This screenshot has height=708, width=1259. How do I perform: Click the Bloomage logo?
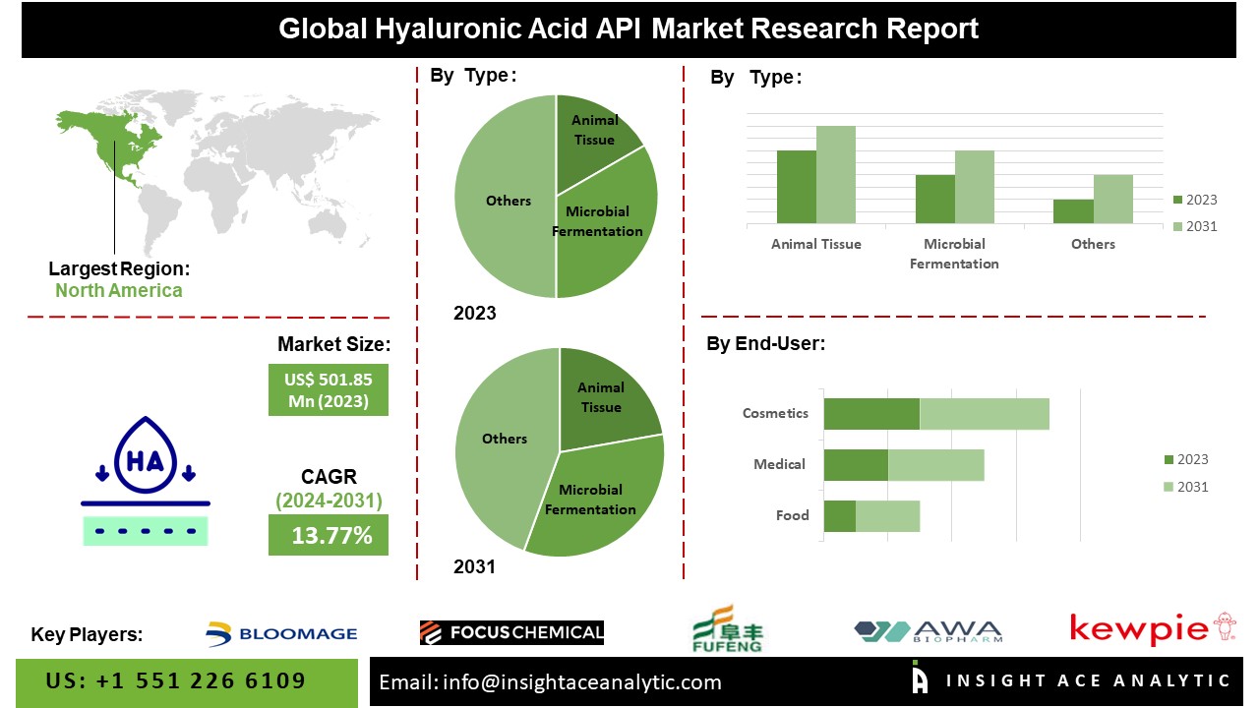(x=281, y=634)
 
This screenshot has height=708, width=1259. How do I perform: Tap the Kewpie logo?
(x=1153, y=628)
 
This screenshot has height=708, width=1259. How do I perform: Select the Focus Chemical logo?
(x=511, y=632)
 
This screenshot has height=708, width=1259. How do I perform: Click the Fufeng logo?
(x=727, y=629)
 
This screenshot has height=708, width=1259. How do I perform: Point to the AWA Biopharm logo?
(x=928, y=631)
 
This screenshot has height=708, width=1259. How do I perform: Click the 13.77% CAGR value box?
(x=329, y=535)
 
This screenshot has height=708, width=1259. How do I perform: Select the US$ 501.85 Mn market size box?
(x=329, y=390)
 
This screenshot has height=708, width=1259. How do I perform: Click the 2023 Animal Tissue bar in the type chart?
(x=797, y=187)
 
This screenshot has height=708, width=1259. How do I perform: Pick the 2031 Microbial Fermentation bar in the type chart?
(x=974, y=187)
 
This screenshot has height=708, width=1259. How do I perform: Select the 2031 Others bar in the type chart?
(x=1112, y=200)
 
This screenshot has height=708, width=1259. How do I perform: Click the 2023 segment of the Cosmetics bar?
(x=871, y=414)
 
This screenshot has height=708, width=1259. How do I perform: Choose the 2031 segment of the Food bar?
(x=887, y=516)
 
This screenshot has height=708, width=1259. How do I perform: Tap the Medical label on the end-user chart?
(x=779, y=465)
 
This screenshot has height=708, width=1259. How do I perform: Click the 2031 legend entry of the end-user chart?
(x=1186, y=487)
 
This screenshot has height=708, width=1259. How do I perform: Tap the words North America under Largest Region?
(x=119, y=290)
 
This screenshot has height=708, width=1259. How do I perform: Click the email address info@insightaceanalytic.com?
(x=582, y=682)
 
